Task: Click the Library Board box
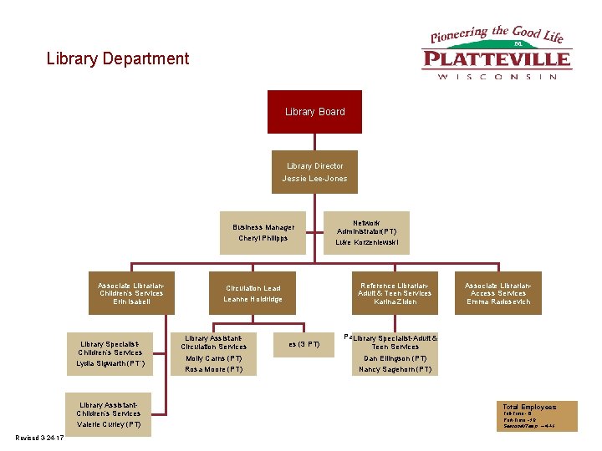(x=314, y=112)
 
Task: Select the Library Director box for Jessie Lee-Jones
(x=314, y=172)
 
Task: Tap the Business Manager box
(x=263, y=232)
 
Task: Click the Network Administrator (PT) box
(x=366, y=232)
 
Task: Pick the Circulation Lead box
(x=253, y=293)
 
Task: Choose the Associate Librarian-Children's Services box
(x=130, y=293)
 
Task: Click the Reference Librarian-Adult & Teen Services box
(x=395, y=293)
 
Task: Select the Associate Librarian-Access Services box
(x=497, y=293)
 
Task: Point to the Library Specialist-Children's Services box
(x=111, y=353)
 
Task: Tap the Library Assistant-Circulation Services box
(x=213, y=353)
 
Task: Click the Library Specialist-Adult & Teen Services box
(x=395, y=353)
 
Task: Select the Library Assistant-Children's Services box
(x=109, y=414)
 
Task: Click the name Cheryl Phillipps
(x=263, y=238)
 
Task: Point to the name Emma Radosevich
(x=497, y=302)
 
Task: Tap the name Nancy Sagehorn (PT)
(x=395, y=369)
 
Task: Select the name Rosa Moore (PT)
(x=213, y=369)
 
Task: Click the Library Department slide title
(x=118, y=58)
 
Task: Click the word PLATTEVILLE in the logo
(x=497, y=59)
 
